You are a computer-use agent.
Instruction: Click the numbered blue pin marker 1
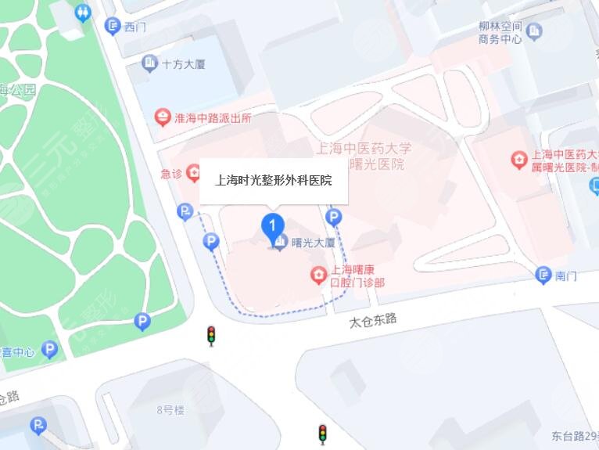pos(271,225)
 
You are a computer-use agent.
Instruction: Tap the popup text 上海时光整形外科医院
pos(274,181)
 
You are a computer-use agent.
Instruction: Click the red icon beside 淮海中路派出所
pos(162,118)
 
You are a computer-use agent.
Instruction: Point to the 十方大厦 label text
pos(183,63)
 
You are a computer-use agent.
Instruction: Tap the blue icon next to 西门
pos(111,27)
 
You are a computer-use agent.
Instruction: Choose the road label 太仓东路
pos(374,319)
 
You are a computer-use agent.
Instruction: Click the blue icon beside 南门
pos(543,275)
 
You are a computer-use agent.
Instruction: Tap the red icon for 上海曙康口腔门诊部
pos(318,275)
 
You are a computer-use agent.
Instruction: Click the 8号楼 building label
pos(170,409)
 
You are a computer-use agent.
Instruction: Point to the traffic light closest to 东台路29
pos(321,433)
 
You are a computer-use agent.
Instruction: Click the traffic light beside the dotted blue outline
pos(210,335)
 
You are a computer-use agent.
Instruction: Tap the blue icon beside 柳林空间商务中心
pos(535,31)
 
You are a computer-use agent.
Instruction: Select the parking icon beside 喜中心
pos(49,350)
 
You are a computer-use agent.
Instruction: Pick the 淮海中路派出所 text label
pos(213,118)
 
